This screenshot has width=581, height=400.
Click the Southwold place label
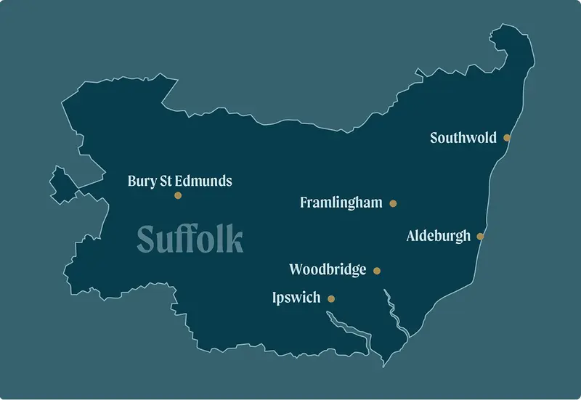[463, 137]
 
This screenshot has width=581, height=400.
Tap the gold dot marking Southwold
[507, 137]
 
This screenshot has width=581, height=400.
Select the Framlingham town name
[341, 203]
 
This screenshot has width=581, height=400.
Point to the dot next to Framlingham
[394, 204]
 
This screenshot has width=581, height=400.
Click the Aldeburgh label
[439, 236]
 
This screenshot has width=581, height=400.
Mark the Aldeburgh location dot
[480, 236]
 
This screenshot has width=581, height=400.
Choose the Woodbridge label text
[328, 270]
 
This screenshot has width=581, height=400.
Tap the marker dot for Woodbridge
[377, 271]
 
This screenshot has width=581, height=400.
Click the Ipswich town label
[296, 298]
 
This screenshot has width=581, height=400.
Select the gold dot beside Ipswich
[331, 298]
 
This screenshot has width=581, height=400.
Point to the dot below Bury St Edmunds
[178, 195]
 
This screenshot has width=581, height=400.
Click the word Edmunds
[208, 181]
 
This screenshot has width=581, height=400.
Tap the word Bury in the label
[142, 181]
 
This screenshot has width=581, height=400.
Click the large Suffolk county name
[190, 239]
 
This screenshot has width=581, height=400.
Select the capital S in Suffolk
[147, 240]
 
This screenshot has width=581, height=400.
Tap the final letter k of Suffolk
[235, 239]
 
